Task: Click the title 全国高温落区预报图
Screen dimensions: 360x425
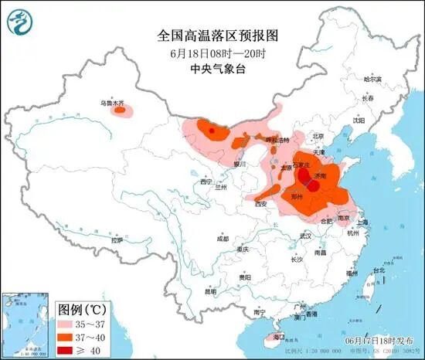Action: [212, 35]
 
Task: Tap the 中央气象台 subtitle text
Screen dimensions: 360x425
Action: [212, 68]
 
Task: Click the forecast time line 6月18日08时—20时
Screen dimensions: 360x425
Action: [212, 53]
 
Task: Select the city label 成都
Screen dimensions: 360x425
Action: [223, 238]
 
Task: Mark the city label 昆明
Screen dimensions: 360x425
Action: [210, 292]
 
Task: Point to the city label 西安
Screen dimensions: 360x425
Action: [260, 204]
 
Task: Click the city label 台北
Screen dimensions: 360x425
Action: [379, 270]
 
